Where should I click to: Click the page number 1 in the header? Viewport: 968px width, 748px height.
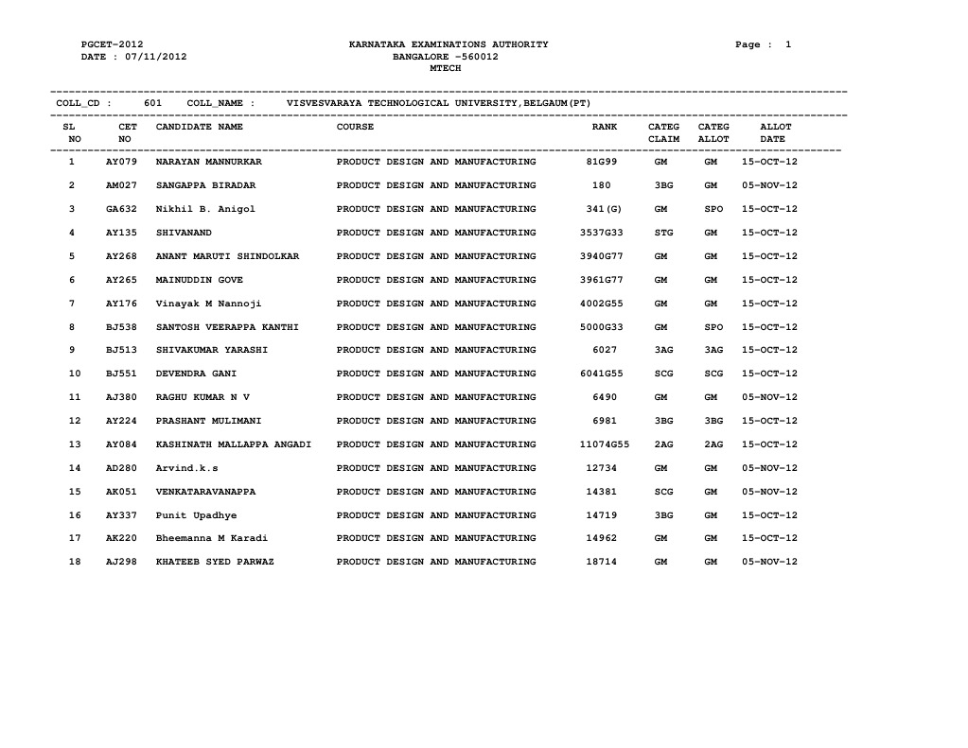coord(787,44)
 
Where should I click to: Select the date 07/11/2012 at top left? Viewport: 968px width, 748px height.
coord(157,57)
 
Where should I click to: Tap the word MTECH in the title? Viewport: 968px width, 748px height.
coord(446,68)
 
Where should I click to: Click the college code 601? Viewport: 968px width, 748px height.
coord(152,102)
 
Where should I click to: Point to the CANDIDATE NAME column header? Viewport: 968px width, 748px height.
coord(200,126)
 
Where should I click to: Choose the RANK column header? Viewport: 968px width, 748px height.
coord(605,126)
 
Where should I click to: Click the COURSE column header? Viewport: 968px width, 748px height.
coord(356,126)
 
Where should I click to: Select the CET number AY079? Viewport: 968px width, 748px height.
coord(122,162)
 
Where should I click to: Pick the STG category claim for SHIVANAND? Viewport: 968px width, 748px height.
coord(663,233)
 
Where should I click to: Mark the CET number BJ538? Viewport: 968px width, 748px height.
coord(122,327)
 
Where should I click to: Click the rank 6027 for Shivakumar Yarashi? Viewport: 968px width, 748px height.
coord(606,350)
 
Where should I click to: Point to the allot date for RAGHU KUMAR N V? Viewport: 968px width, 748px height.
coord(770,397)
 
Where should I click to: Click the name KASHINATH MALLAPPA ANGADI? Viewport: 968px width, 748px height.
coord(234,444)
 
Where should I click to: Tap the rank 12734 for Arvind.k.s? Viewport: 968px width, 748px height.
coord(602,468)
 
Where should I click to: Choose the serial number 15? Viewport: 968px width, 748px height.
coord(75,492)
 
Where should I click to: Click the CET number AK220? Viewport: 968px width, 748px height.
coord(122,538)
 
